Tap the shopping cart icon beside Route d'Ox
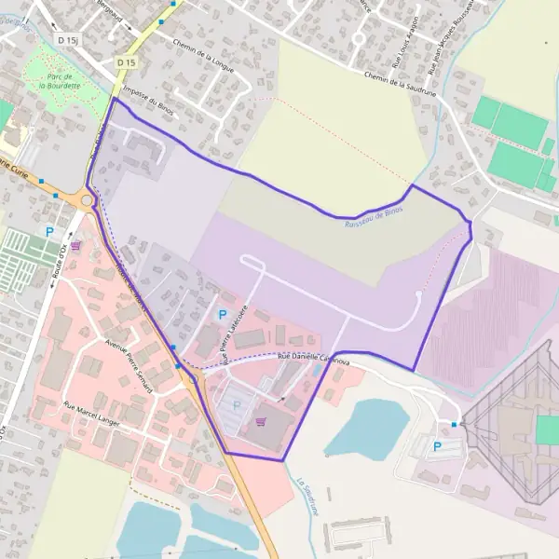[75, 246]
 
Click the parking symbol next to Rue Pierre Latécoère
[222, 315]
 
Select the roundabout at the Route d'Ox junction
[89, 199]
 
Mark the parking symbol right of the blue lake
[437, 447]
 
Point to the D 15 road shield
[127, 62]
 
